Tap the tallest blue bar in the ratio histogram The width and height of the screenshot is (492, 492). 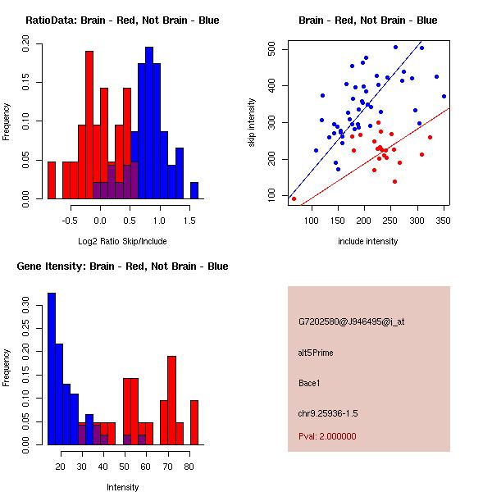pos(149,123)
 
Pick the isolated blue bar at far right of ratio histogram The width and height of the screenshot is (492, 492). pos(194,190)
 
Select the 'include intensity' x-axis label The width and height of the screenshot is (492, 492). pos(368,241)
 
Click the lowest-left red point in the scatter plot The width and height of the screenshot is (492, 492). pos(294,198)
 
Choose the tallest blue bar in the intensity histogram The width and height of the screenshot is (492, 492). pos(51,369)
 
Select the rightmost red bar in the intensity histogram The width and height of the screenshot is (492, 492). pos(194,422)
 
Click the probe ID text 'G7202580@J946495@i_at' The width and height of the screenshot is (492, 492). pos(351,321)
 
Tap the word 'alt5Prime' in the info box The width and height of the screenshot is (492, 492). pos(316,353)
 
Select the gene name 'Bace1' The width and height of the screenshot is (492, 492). pos(309,383)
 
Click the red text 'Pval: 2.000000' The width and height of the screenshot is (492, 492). pos(327,436)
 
